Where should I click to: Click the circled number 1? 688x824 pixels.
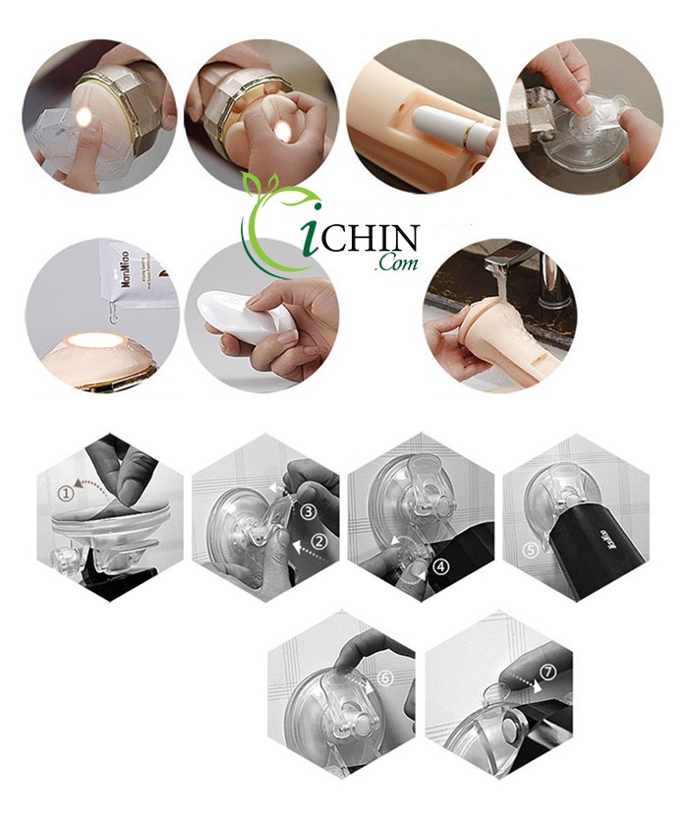(x=64, y=489)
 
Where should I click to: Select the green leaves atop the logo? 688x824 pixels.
(x=265, y=187)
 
